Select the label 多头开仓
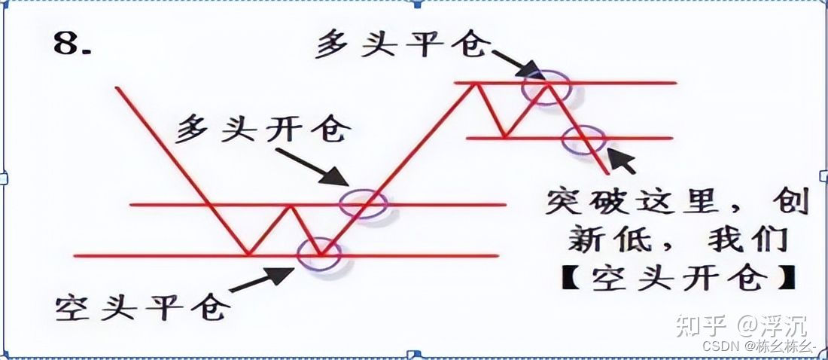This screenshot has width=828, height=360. (x=263, y=130)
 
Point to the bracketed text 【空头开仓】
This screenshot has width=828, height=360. (x=670, y=279)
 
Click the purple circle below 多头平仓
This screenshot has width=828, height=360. (x=547, y=86)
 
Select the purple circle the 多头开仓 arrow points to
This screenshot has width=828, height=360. (x=364, y=203)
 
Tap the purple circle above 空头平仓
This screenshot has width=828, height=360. (x=318, y=255)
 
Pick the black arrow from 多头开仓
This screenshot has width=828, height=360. (x=312, y=166)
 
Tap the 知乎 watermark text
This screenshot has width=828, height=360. (x=700, y=326)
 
